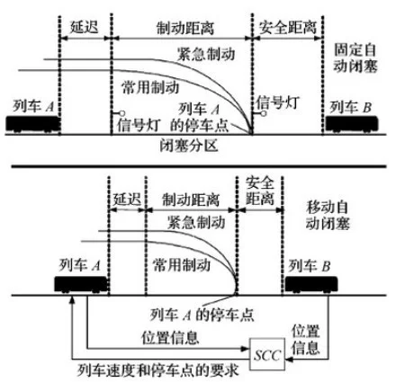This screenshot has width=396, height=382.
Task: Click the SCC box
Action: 267,354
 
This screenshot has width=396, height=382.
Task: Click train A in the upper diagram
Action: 33,124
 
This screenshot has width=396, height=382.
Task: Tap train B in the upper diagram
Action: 352,124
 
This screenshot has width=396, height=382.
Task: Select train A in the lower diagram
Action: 81,284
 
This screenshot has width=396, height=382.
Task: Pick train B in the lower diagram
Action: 311,284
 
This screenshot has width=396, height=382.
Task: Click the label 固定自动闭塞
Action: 355,58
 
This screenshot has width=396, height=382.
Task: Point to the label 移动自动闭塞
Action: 328,216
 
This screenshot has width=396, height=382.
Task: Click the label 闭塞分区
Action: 189,146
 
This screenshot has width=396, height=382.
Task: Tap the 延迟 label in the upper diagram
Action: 85,27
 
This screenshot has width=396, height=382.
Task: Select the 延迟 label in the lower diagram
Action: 127,199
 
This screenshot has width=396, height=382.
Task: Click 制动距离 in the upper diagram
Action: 185,28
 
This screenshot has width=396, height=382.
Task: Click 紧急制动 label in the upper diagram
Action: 206,54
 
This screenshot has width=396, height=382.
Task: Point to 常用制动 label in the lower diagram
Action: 182,265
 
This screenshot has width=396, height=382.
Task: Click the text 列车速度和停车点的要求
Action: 158,370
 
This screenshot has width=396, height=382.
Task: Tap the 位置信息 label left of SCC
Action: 170,338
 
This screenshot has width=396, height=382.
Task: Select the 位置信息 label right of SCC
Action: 305,339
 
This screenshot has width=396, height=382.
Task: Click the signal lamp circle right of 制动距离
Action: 264,113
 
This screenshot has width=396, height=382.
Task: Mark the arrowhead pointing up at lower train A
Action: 72,300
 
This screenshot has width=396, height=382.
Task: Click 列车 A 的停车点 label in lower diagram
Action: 202,315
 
